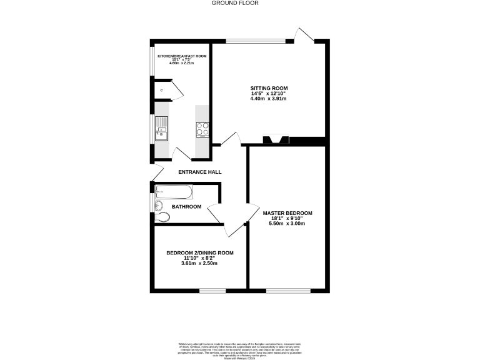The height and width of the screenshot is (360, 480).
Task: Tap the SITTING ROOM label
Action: tap(268, 88)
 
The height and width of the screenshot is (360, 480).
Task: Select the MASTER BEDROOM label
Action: tap(287, 213)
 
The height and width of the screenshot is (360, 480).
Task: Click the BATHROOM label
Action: tap(187, 207)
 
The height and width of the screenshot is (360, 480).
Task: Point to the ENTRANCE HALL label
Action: tap(200, 172)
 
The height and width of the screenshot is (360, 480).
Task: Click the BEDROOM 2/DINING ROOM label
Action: tap(200, 253)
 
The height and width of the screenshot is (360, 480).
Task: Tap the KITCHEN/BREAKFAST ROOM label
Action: tap(182, 56)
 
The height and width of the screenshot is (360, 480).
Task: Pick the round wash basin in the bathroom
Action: tap(159, 204)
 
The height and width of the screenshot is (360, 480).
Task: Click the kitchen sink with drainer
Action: tap(162, 127)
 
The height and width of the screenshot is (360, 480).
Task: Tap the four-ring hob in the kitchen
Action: tap(203, 128)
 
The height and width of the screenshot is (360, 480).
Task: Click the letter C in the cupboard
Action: tap(162, 91)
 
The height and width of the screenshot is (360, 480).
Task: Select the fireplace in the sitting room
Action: tap(276, 140)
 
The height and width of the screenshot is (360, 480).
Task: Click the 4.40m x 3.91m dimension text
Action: tap(268, 99)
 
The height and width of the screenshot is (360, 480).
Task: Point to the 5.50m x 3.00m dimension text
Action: tap(287, 224)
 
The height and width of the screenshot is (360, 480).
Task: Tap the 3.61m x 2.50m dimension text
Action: tap(200, 263)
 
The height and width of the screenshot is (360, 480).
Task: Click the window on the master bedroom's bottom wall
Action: tap(288, 290)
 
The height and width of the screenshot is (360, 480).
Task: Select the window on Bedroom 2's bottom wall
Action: tap(212, 290)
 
